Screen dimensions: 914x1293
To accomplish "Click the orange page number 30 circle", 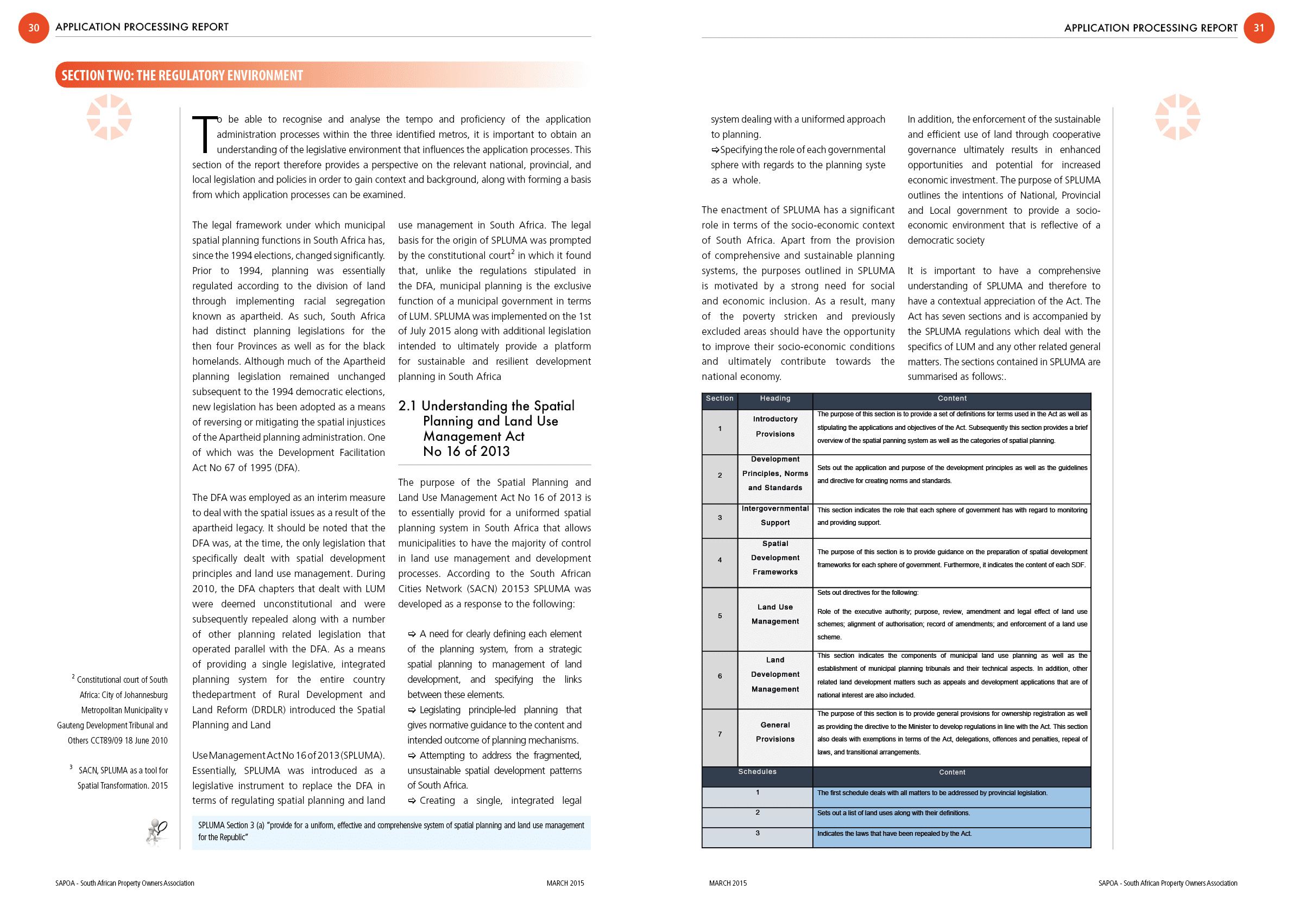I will pyautogui.click(x=34, y=28).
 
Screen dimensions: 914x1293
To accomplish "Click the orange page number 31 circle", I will pyautogui.click(x=1259, y=28).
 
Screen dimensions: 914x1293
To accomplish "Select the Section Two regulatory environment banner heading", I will pyautogui.click(x=182, y=75).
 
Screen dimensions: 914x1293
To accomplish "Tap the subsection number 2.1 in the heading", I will pyautogui.click(x=407, y=406).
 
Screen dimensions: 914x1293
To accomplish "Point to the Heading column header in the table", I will pyautogui.click(x=775, y=398).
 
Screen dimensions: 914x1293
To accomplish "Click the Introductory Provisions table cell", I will pyautogui.click(x=775, y=427).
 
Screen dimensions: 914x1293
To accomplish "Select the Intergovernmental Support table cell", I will pyautogui.click(x=775, y=516).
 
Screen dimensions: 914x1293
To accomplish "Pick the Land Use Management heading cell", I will pyautogui.click(x=775, y=614).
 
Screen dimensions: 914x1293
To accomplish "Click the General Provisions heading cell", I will pyautogui.click(x=775, y=732).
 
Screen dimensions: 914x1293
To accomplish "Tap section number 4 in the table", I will pyautogui.click(x=720, y=560).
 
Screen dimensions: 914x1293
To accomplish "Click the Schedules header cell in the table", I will pyautogui.click(x=757, y=772).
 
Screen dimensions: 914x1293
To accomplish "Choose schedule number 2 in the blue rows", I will pyautogui.click(x=758, y=813).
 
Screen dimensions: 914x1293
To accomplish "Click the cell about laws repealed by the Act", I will pyautogui.click(x=951, y=834).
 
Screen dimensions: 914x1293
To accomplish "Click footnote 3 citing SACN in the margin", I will pyautogui.click(x=121, y=778).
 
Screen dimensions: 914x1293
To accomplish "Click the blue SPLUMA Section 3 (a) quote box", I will pyautogui.click(x=391, y=832).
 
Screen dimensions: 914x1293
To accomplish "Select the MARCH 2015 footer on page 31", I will pyautogui.click(x=728, y=883).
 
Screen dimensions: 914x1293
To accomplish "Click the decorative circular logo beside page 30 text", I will pyautogui.click(x=109, y=117).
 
